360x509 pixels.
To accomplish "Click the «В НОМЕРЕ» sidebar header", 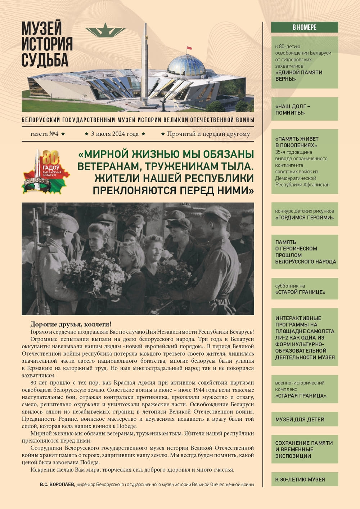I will (304, 27).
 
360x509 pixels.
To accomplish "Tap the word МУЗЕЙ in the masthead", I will (42, 28).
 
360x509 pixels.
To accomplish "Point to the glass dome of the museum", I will (186, 66).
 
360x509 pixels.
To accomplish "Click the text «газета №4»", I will (45, 134).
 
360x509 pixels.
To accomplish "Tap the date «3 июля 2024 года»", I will (115, 134).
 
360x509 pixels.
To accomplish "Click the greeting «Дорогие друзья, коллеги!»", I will (71, 324).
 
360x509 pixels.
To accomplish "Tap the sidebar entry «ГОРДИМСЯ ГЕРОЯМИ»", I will (304, 218).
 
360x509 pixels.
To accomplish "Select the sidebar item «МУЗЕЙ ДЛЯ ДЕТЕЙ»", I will (300, 419).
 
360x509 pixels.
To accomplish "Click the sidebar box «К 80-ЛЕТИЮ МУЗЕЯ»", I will (300, 479).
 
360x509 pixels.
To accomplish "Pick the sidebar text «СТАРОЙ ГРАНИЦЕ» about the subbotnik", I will (300, 292).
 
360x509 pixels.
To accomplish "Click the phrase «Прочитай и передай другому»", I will (208, 134).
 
